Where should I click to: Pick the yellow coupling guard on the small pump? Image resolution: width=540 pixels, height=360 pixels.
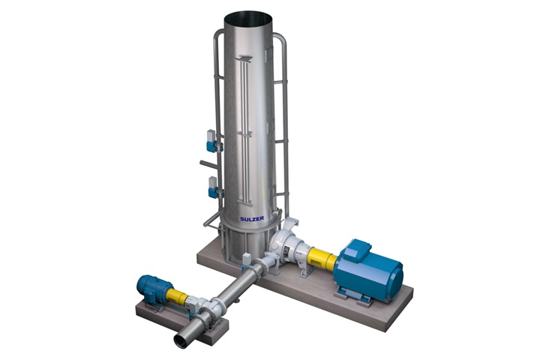[178, 297]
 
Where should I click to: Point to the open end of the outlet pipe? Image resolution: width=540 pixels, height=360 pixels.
[182, 341]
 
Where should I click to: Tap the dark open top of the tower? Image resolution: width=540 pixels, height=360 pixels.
[247, 15]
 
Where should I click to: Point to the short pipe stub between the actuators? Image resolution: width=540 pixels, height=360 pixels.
[206, 162]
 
